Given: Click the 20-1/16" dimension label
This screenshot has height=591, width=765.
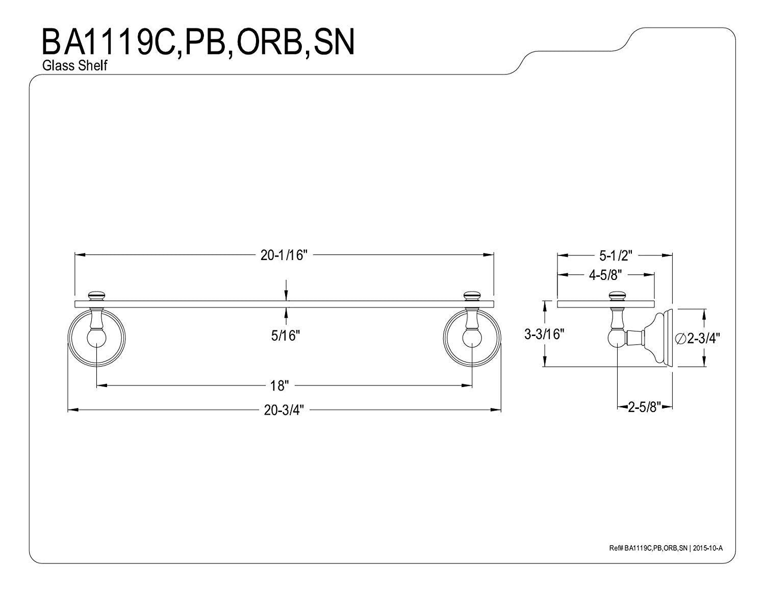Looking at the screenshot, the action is [x=284, y=255].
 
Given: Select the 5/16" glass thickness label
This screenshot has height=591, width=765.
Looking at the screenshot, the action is [x=285, y=336].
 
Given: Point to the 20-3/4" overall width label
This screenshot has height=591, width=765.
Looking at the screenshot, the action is [x=284, y=410].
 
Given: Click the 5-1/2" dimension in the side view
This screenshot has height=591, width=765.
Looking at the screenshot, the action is [x=616, y=256].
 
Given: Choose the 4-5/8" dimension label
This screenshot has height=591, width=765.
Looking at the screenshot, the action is [x=605, y=275].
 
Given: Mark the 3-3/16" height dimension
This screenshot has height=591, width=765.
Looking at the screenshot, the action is [x=544, y=334].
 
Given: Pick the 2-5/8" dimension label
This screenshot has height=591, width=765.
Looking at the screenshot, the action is [x=645, y=407].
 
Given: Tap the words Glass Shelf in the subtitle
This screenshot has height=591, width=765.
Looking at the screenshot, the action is [x=74, y=65].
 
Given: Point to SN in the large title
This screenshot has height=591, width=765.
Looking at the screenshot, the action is [x=334, y=43].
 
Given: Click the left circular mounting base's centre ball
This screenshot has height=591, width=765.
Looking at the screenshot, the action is [x=96, y=338].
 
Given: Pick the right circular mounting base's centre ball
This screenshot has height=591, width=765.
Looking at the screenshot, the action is [x=472, y=338].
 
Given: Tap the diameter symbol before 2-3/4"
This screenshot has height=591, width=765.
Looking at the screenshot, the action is [x=680, y=339].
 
